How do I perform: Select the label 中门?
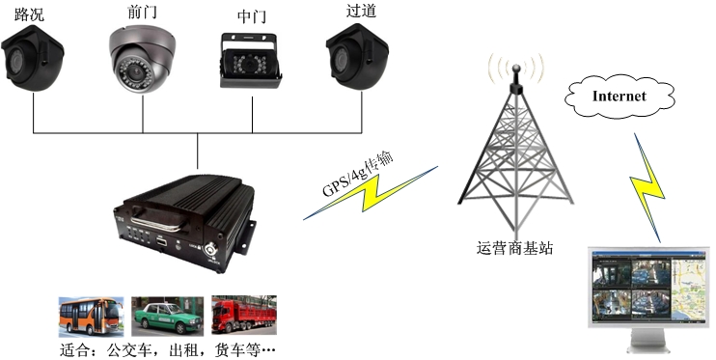coord(253,17)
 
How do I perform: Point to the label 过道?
coord(359,11)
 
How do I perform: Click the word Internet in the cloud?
coord(619,96)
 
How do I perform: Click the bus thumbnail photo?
coord(91,315)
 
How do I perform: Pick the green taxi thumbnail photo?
coord(167,315)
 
